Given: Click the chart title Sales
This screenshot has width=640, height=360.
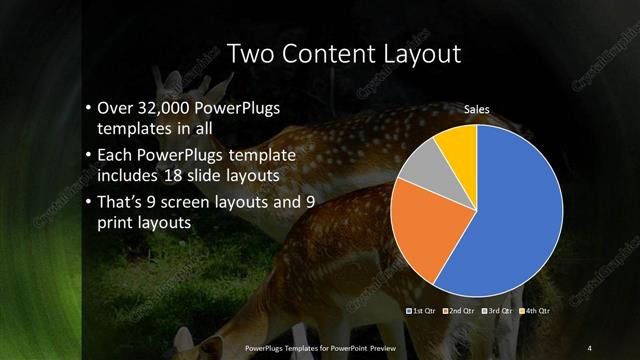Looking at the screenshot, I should [x=477, y=109].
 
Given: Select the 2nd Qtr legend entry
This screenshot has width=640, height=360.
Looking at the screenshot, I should [x=458, y=311].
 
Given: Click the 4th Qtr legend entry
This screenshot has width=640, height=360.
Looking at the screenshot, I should [x=535, y=311].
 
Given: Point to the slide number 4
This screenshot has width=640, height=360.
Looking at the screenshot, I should [x=589, y=347].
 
